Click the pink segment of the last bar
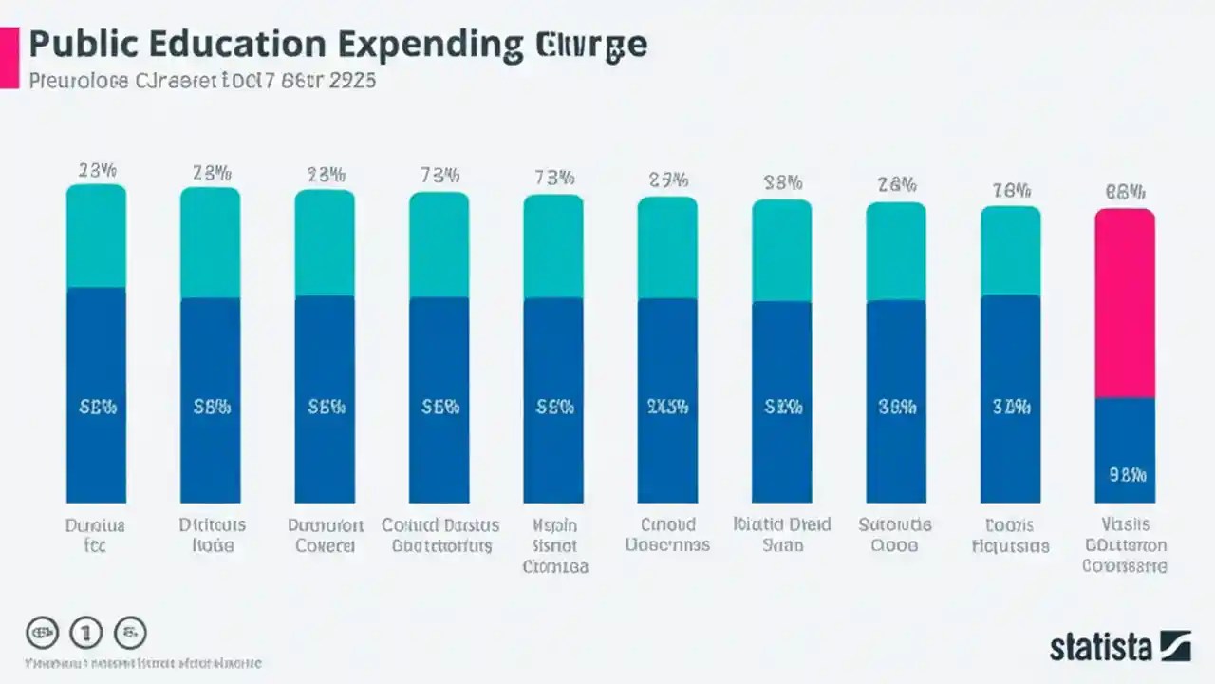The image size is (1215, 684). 1125,302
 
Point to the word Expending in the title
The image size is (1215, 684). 434,45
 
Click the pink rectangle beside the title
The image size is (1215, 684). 9,58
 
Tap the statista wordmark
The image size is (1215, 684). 1100,647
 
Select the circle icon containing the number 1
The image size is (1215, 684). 86,633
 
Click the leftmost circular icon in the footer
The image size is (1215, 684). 42,633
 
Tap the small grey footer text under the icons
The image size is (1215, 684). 142,663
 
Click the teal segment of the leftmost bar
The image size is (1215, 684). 96,237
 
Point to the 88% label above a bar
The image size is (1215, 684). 782,183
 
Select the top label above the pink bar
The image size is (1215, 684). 1125,192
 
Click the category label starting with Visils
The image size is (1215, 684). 1125,545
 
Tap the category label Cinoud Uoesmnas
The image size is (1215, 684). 667,535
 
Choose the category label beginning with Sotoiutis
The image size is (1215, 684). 895,535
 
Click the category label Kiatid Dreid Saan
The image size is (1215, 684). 782,535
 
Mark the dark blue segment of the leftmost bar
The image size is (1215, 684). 96,394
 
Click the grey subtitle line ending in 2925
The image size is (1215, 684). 201,81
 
